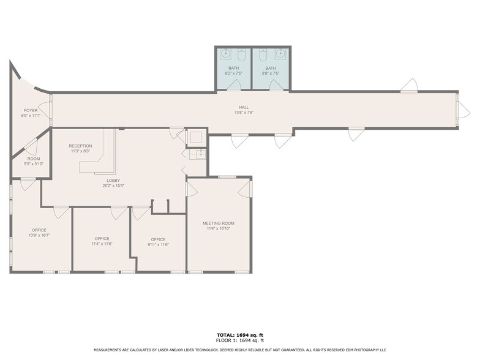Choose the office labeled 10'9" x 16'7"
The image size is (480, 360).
pos(39,233)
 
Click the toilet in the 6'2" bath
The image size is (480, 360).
pos(241,56)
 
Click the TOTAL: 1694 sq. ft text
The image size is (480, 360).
pos(239,336)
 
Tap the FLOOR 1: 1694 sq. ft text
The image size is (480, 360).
pos(239,341)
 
